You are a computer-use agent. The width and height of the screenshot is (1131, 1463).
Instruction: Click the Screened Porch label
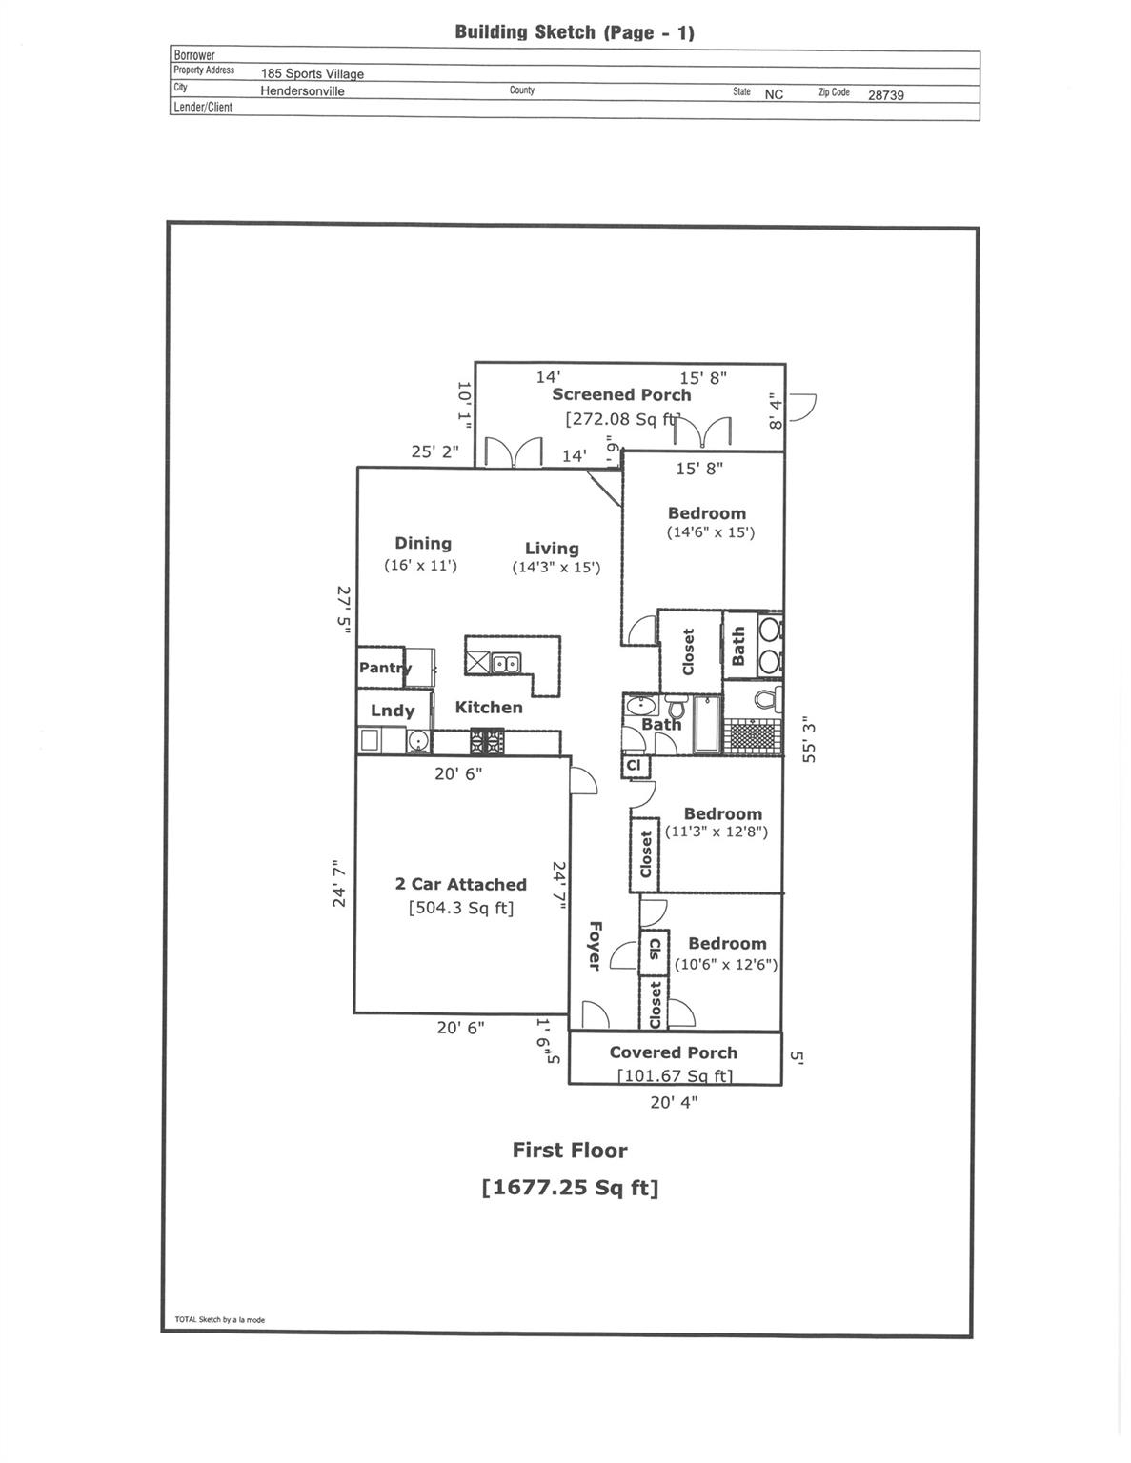(621, 394)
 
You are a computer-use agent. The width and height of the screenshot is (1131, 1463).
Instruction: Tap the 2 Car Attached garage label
(460, 884)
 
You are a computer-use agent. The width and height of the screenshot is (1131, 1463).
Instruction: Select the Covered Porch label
(673, 1052)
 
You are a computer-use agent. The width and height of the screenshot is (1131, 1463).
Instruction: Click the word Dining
(423, 543)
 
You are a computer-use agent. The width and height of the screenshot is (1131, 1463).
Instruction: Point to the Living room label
(552, 548)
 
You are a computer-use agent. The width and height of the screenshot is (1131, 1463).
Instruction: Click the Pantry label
(384, 668)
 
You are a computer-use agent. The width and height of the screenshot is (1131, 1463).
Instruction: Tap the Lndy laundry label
(393, 711)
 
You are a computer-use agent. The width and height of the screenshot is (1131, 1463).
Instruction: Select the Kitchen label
(489, 707)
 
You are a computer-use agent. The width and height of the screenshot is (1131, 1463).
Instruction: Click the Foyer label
(595, 945)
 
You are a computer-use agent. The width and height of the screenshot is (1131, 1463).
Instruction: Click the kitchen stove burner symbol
(486, 740)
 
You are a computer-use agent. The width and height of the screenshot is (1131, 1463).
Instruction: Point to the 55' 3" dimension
(809, 739)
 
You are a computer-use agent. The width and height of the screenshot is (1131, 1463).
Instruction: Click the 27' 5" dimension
(344, 610)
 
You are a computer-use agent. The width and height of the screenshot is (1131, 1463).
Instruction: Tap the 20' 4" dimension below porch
(674, 1102)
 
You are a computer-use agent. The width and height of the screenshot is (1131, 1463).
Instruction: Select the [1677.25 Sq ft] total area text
(570, 1188)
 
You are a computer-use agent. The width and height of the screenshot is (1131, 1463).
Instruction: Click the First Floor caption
(570, 1150)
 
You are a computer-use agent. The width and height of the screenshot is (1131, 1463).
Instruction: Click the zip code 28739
(885, 95)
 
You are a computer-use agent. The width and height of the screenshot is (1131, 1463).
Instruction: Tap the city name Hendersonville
(302, 91)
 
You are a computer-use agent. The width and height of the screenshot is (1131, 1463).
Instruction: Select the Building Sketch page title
(575, 32)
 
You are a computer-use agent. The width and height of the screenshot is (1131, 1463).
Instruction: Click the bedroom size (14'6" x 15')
(710, 532)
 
